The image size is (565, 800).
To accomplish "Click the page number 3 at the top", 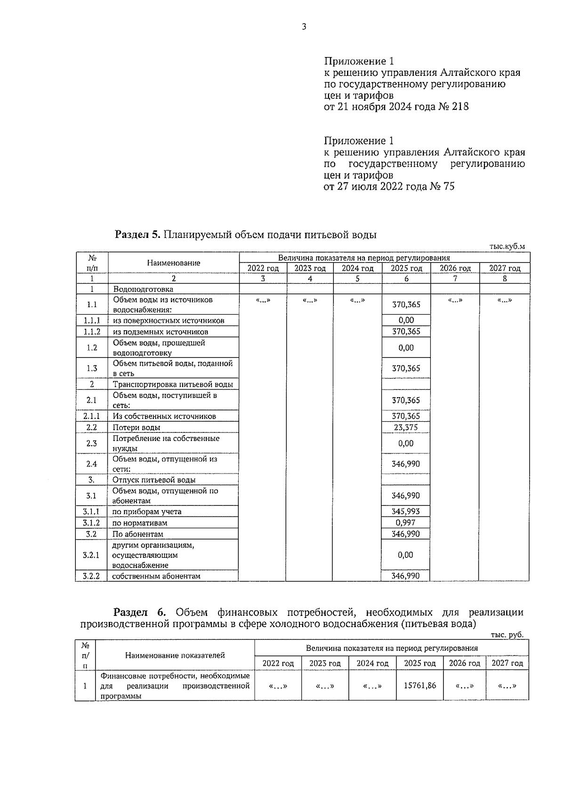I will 304,27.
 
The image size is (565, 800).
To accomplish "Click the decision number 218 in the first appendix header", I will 460,106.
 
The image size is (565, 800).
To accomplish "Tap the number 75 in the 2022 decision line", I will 449,187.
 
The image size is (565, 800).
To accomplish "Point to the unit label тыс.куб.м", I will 507,246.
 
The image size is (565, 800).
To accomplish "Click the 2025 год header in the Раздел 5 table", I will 406,268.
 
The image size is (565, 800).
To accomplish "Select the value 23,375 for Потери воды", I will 406,427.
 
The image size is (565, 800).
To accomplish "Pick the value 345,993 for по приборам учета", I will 406,511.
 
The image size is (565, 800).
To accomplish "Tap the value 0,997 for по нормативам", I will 406,522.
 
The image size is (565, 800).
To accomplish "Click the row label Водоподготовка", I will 143,289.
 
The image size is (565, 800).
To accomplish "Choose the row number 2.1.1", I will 91,416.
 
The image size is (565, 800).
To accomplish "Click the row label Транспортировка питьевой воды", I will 173,384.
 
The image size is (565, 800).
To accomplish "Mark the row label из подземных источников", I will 161,332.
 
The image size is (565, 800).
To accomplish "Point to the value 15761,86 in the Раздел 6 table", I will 420,686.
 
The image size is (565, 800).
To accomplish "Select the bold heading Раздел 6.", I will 140,612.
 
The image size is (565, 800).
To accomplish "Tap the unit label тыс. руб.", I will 507,635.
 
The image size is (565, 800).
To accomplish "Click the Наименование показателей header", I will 175,655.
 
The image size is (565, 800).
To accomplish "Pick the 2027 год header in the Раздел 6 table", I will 507,663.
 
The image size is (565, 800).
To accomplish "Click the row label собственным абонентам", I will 156,576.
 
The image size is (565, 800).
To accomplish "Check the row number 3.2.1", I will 91,555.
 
